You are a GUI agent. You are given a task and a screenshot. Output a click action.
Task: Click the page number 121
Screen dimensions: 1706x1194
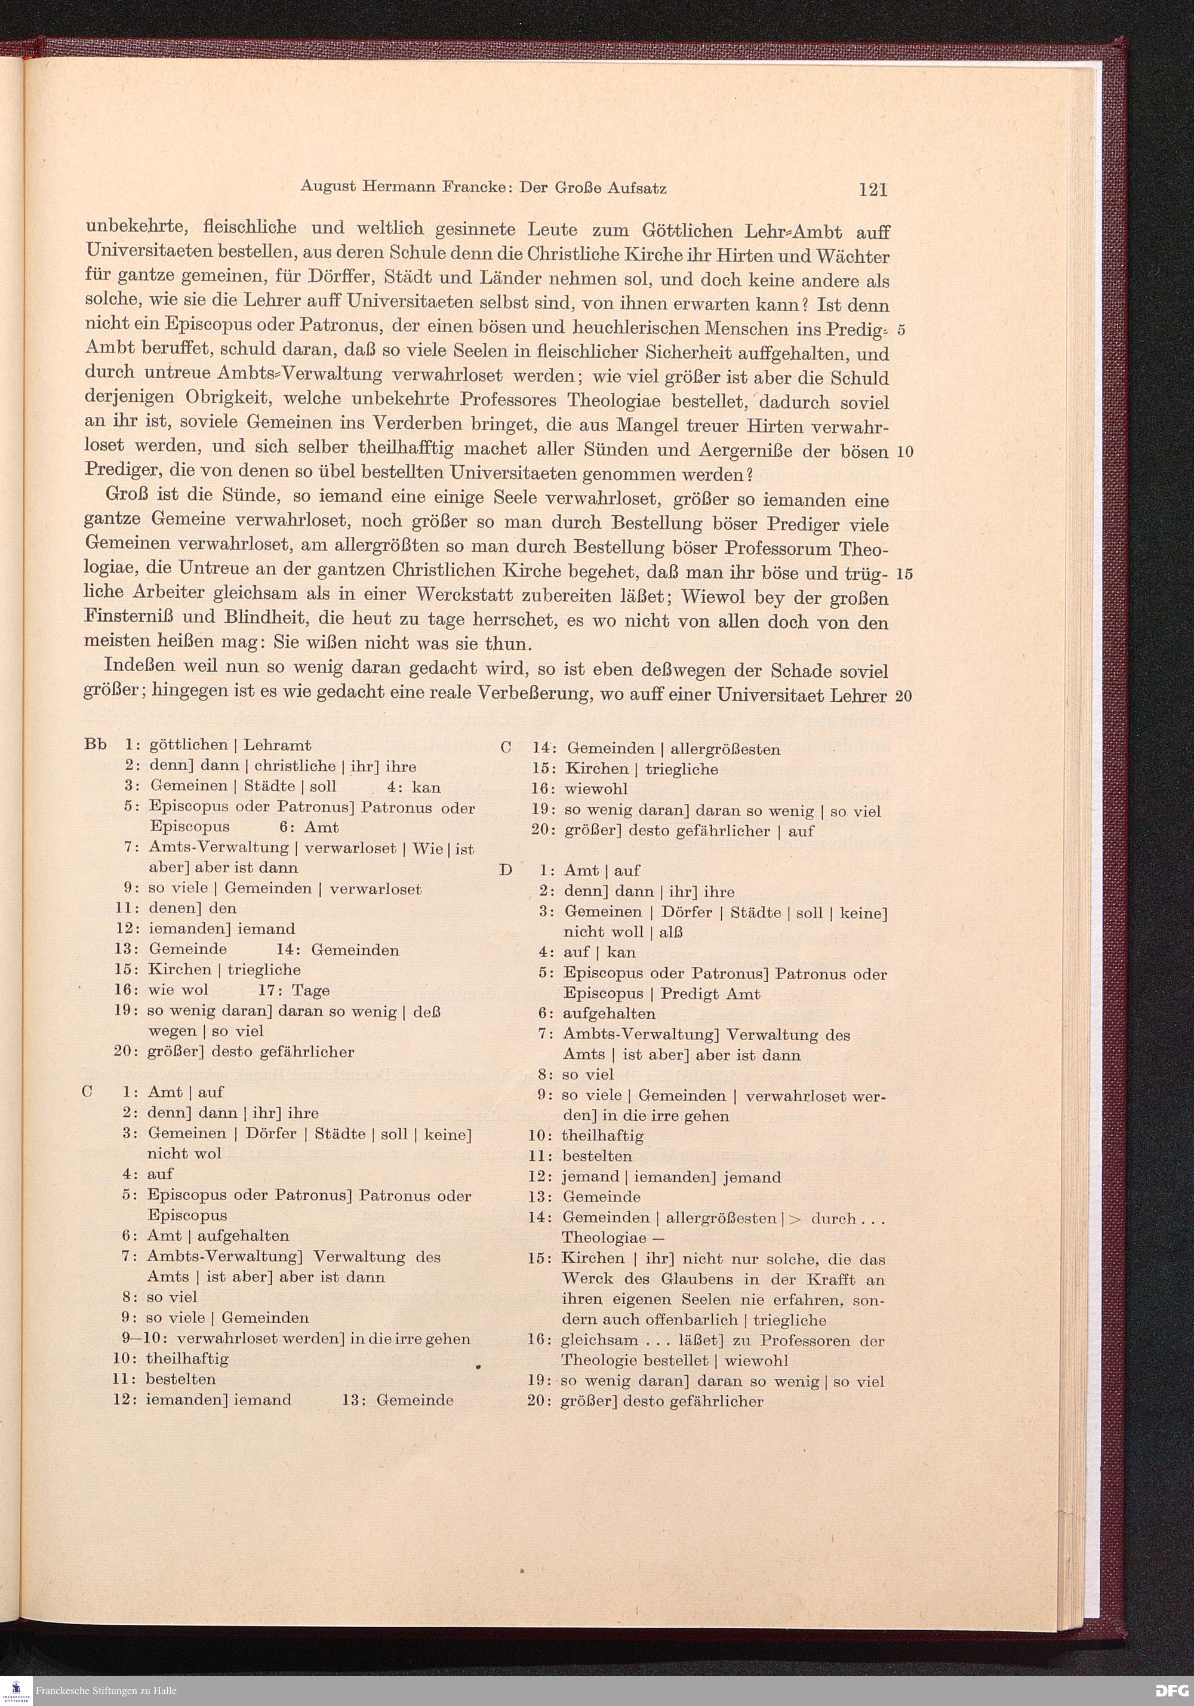(x=872, y=189)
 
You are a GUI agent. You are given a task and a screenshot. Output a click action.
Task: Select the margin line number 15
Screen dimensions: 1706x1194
(x=904, y=574)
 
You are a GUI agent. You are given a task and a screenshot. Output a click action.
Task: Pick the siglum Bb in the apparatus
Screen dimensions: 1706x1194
(x=96, y=745)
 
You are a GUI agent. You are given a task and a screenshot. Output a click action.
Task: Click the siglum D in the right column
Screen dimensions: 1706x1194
(x=506, y=870)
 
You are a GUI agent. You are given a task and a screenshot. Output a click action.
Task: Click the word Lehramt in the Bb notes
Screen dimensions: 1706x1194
(x=277, y=745)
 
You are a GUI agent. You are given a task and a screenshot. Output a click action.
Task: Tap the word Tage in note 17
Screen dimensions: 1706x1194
(x=310, y=991)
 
